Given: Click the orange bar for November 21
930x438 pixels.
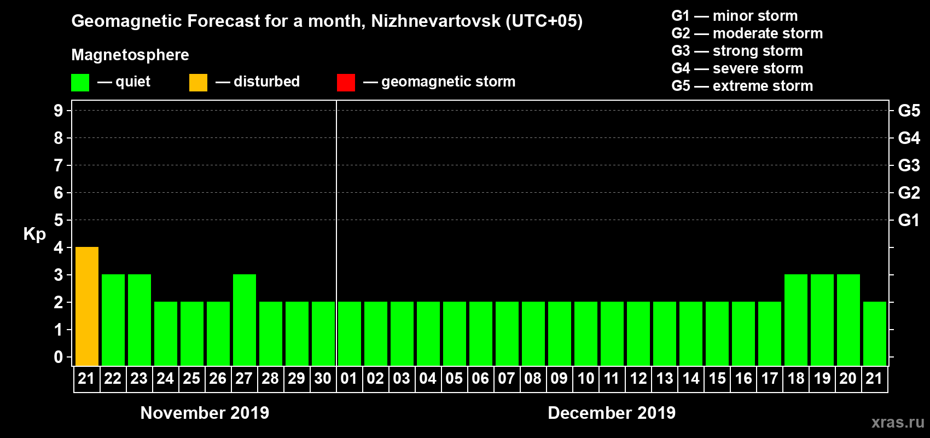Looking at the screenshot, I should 87,306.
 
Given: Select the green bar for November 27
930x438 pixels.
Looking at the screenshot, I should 245,320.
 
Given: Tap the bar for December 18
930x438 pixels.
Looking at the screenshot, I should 796,320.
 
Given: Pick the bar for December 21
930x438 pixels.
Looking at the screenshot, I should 875,333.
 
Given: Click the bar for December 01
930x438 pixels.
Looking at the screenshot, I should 350,333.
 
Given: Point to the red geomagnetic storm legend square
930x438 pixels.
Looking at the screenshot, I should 346,83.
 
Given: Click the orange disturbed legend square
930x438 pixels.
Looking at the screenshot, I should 198,83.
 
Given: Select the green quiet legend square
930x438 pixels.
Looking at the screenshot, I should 80,83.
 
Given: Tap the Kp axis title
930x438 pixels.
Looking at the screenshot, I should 34,234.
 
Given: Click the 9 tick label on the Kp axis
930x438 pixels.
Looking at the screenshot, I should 59,111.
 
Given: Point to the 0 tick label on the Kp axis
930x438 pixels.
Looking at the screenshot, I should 59,357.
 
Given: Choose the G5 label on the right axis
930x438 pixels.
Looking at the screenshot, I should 909,111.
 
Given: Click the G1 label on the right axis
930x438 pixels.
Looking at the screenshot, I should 909,220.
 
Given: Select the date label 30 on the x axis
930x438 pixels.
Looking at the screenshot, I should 323,378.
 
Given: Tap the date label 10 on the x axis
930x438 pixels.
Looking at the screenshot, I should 586,378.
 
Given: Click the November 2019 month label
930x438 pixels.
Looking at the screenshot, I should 205,413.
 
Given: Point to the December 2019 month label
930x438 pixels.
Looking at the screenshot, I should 612,413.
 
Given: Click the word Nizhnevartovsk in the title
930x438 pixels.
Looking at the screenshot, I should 435,21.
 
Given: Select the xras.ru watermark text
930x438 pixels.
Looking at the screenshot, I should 898,422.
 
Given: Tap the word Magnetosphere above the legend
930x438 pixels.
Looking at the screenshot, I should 130,55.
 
